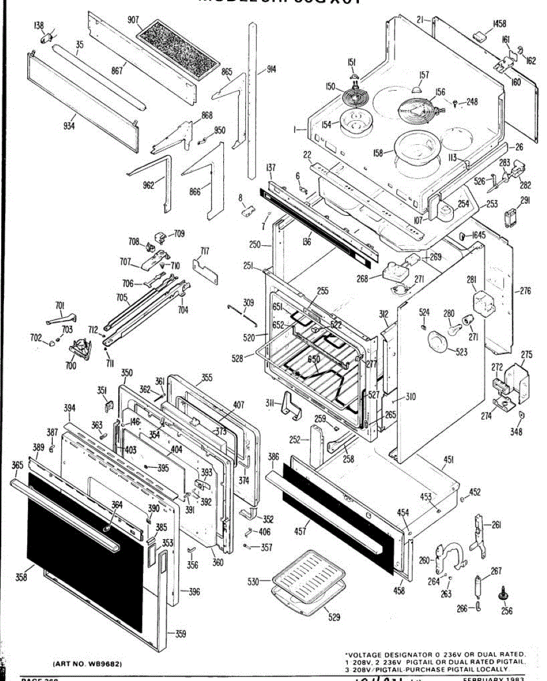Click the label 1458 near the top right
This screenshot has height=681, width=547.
coord(499,24)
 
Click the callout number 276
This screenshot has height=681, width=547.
coord(525,291)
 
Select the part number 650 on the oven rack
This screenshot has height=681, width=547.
coord(314,359)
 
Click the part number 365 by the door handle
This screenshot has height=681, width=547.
coord(18,465)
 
